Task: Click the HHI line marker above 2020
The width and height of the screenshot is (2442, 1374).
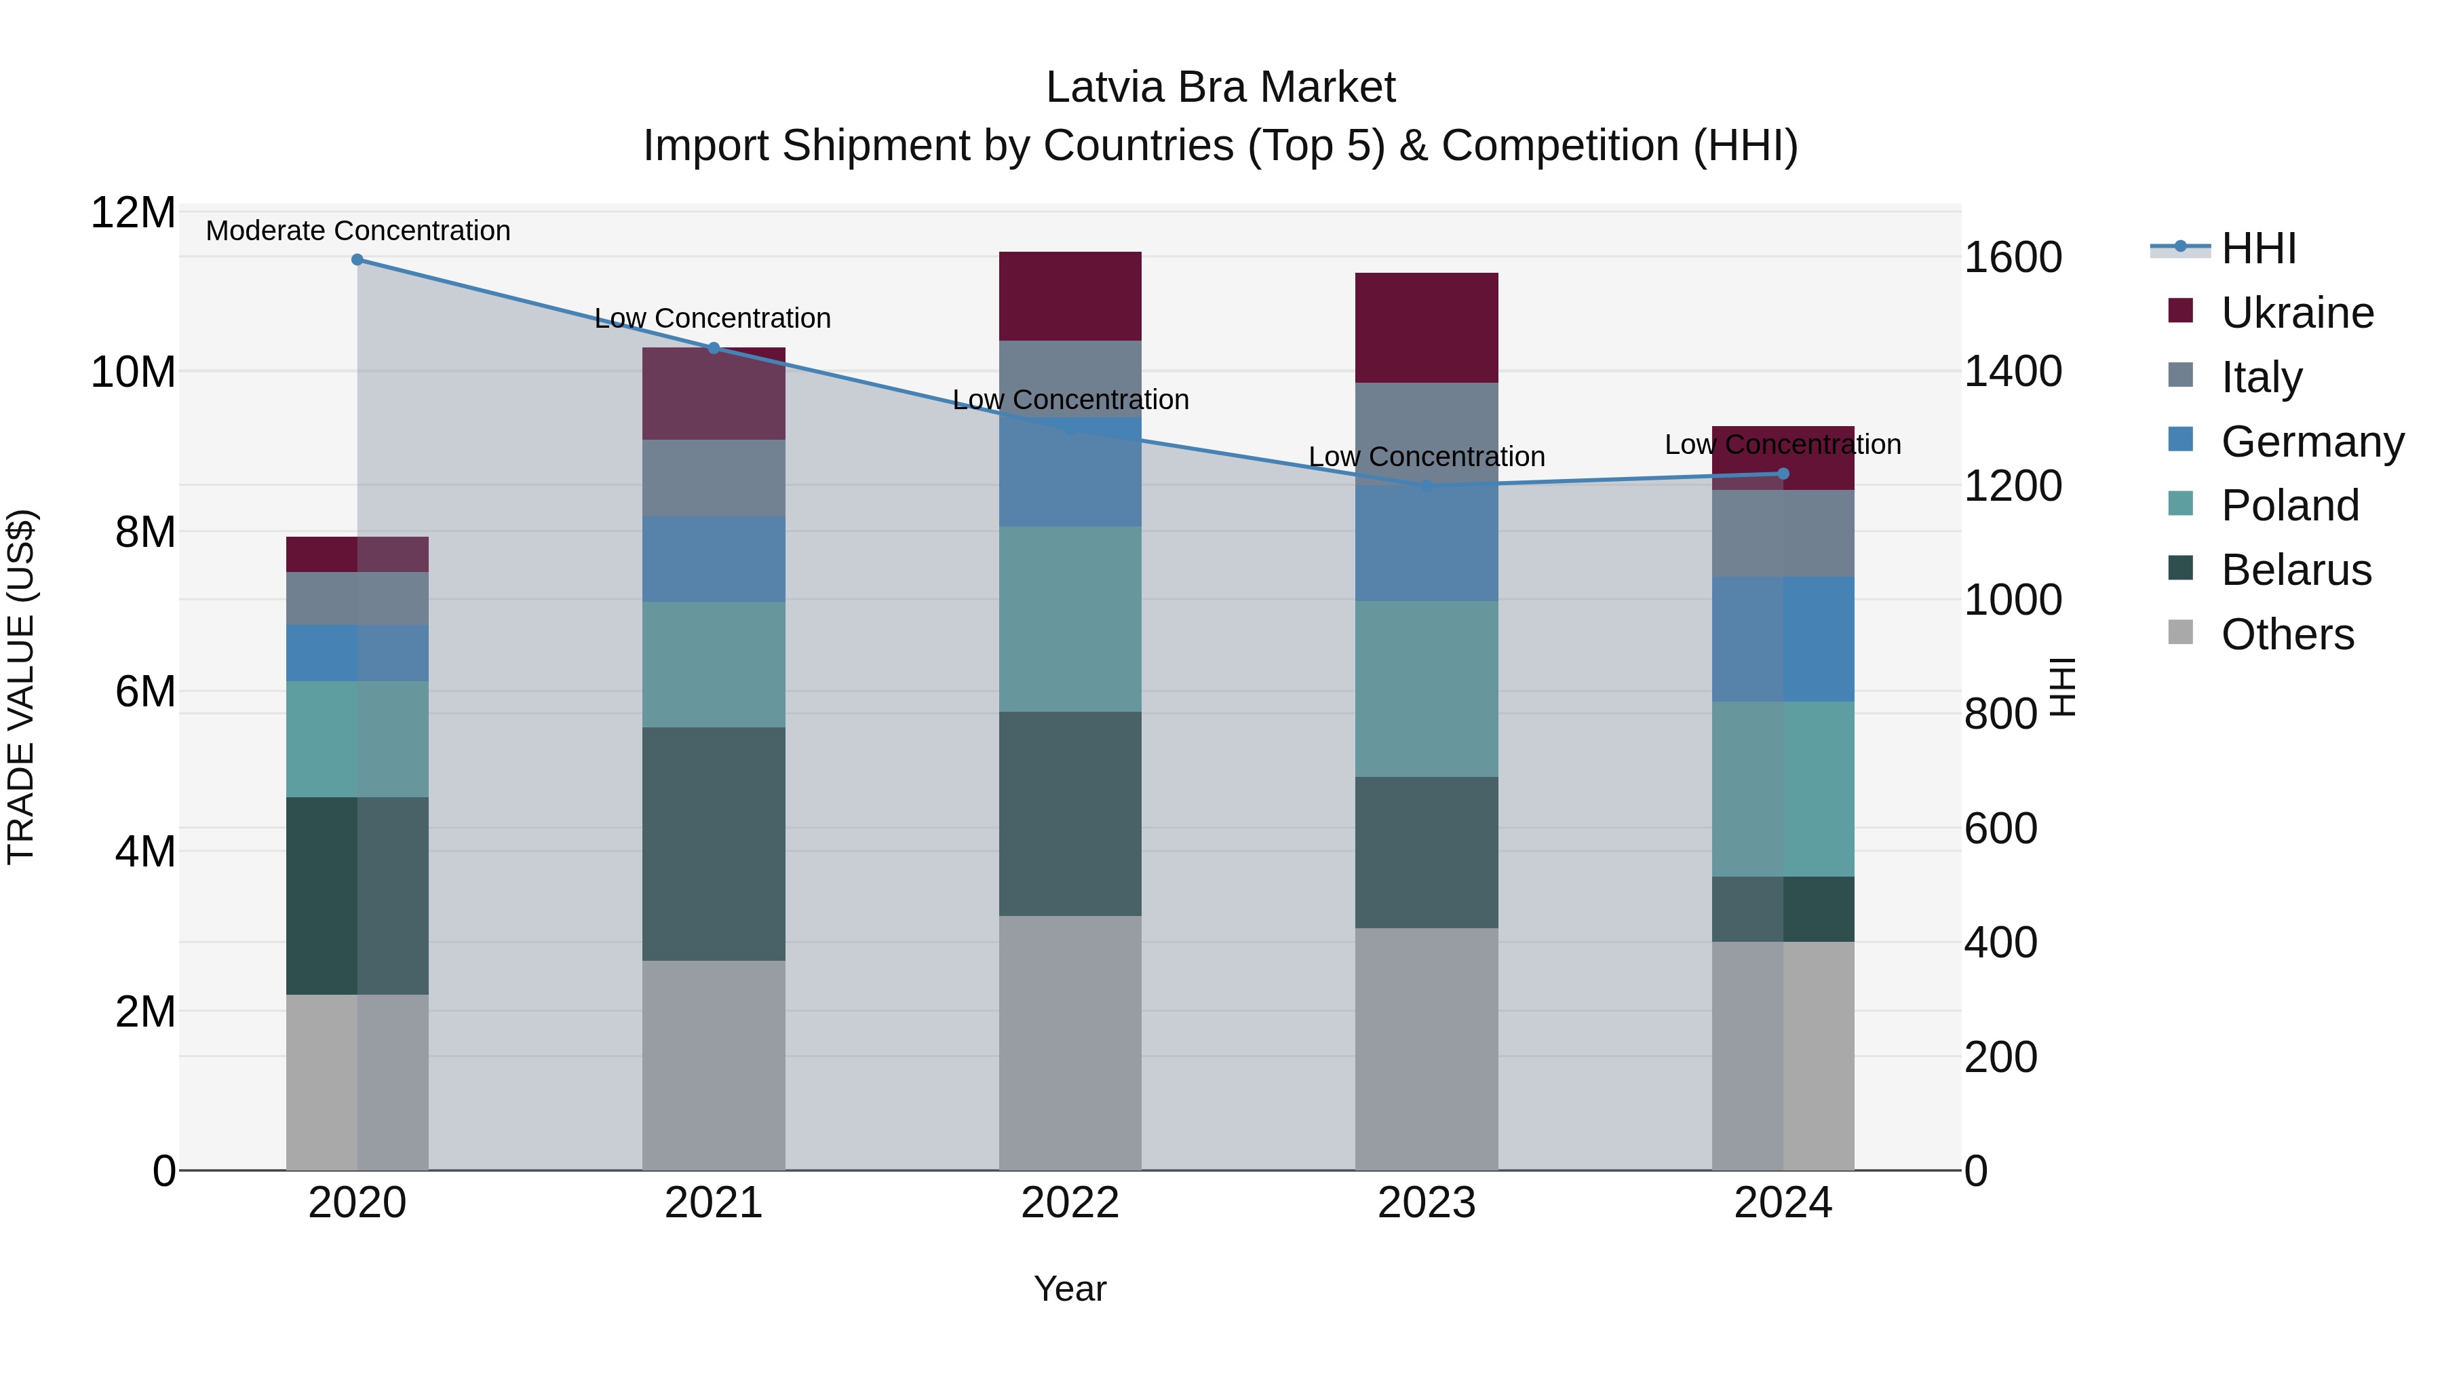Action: [x=357, y=259]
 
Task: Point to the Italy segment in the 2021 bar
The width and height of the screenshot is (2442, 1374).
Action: [x=713, y=477]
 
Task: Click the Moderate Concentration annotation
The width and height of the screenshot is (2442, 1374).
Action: [x=357, y=231]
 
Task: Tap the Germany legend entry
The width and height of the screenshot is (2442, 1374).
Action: [x=2311, y=442]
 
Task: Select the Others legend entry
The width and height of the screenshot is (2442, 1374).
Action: [x=2287, y=634]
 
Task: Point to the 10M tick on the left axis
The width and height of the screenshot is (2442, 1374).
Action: [x=133, y=372]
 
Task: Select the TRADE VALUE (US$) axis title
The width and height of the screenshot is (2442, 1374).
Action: [x=21, y=687]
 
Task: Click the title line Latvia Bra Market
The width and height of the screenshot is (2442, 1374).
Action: [x=1220, y=88]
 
